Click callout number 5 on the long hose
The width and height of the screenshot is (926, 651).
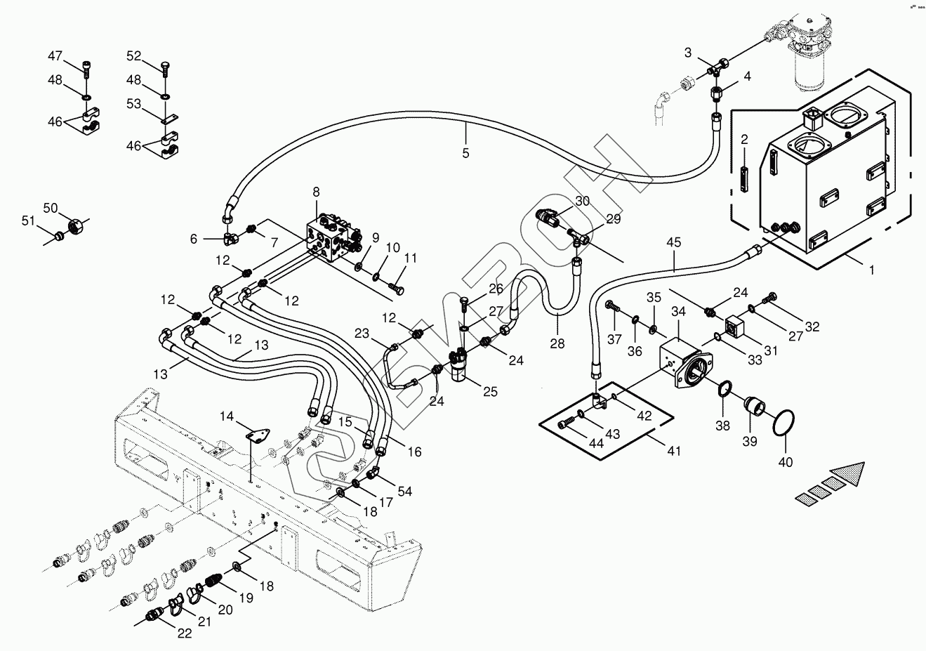pyautogui.click(x=465, y=153)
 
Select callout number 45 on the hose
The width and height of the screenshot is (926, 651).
pyautogui.click(x=674, y=243)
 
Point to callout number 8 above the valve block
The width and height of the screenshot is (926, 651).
pyautogui.click(x=316, y=192)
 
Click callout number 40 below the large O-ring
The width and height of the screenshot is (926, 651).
pyautogui.click(x=786, y=462)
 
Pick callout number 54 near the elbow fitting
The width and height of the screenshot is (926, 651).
pyautogui.click(x=405, y=491)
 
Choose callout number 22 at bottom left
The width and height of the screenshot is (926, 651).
pyautogui.click(x=184, y=633)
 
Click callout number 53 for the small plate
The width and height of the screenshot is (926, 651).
pyautogui.click(x=133, y=105)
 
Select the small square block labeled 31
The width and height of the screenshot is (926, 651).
pyautogui.click(x=734, y=324)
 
